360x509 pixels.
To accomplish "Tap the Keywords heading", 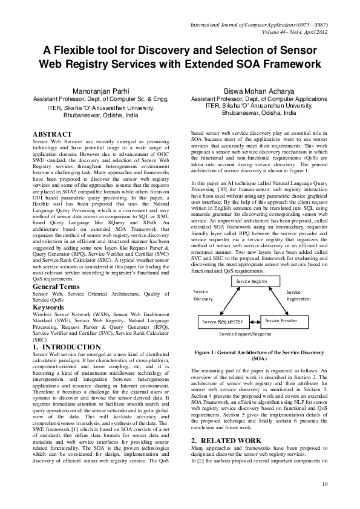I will [49, 307].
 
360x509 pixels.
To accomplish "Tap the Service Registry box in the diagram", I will [251, 282].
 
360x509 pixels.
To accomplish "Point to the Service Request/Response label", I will [246, 334].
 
